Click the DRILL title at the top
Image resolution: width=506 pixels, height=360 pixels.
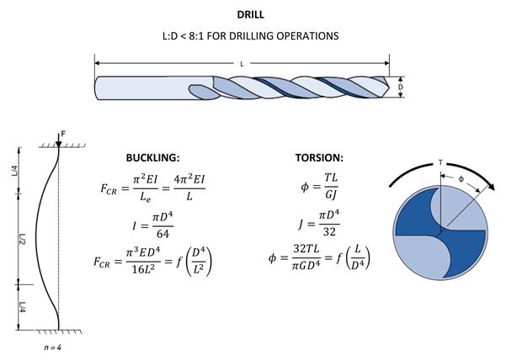250,14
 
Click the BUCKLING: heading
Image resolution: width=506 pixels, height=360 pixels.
152,157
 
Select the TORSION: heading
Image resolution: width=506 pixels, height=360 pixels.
319,157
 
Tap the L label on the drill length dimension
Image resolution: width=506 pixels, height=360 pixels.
242,64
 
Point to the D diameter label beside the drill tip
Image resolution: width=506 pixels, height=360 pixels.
401,87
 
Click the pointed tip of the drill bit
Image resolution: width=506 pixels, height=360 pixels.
389,87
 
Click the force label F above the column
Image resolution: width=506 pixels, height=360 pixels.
63,134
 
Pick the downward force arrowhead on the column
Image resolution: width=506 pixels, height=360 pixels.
58,145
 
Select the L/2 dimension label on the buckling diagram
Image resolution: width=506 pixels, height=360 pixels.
22,239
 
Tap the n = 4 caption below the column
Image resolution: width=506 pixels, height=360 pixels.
52,347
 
